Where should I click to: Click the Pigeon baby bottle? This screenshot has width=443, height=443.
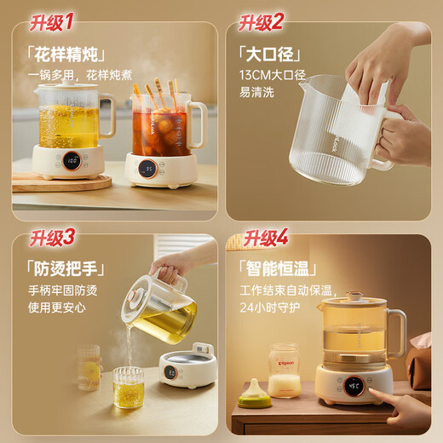click(x=283, y=371)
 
